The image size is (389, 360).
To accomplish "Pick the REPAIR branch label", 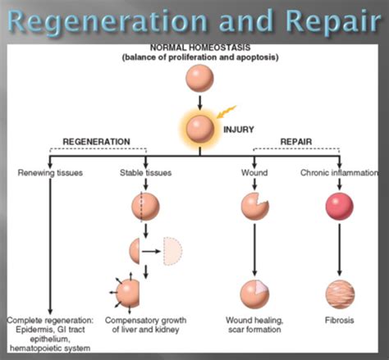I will pyautogui.click(x=296, y=141).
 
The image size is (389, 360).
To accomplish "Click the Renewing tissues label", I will pyautogui.click(x=51, y=173).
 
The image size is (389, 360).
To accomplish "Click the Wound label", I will pyautogui.click(x=254, y=173).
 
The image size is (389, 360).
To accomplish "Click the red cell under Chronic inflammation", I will pyautogui.click(x=337, y=205).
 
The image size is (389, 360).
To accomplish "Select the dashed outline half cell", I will pyautogui.click(x=176, y=251).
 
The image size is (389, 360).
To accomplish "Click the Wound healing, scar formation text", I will pyautogui.click(x=254, y=324).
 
